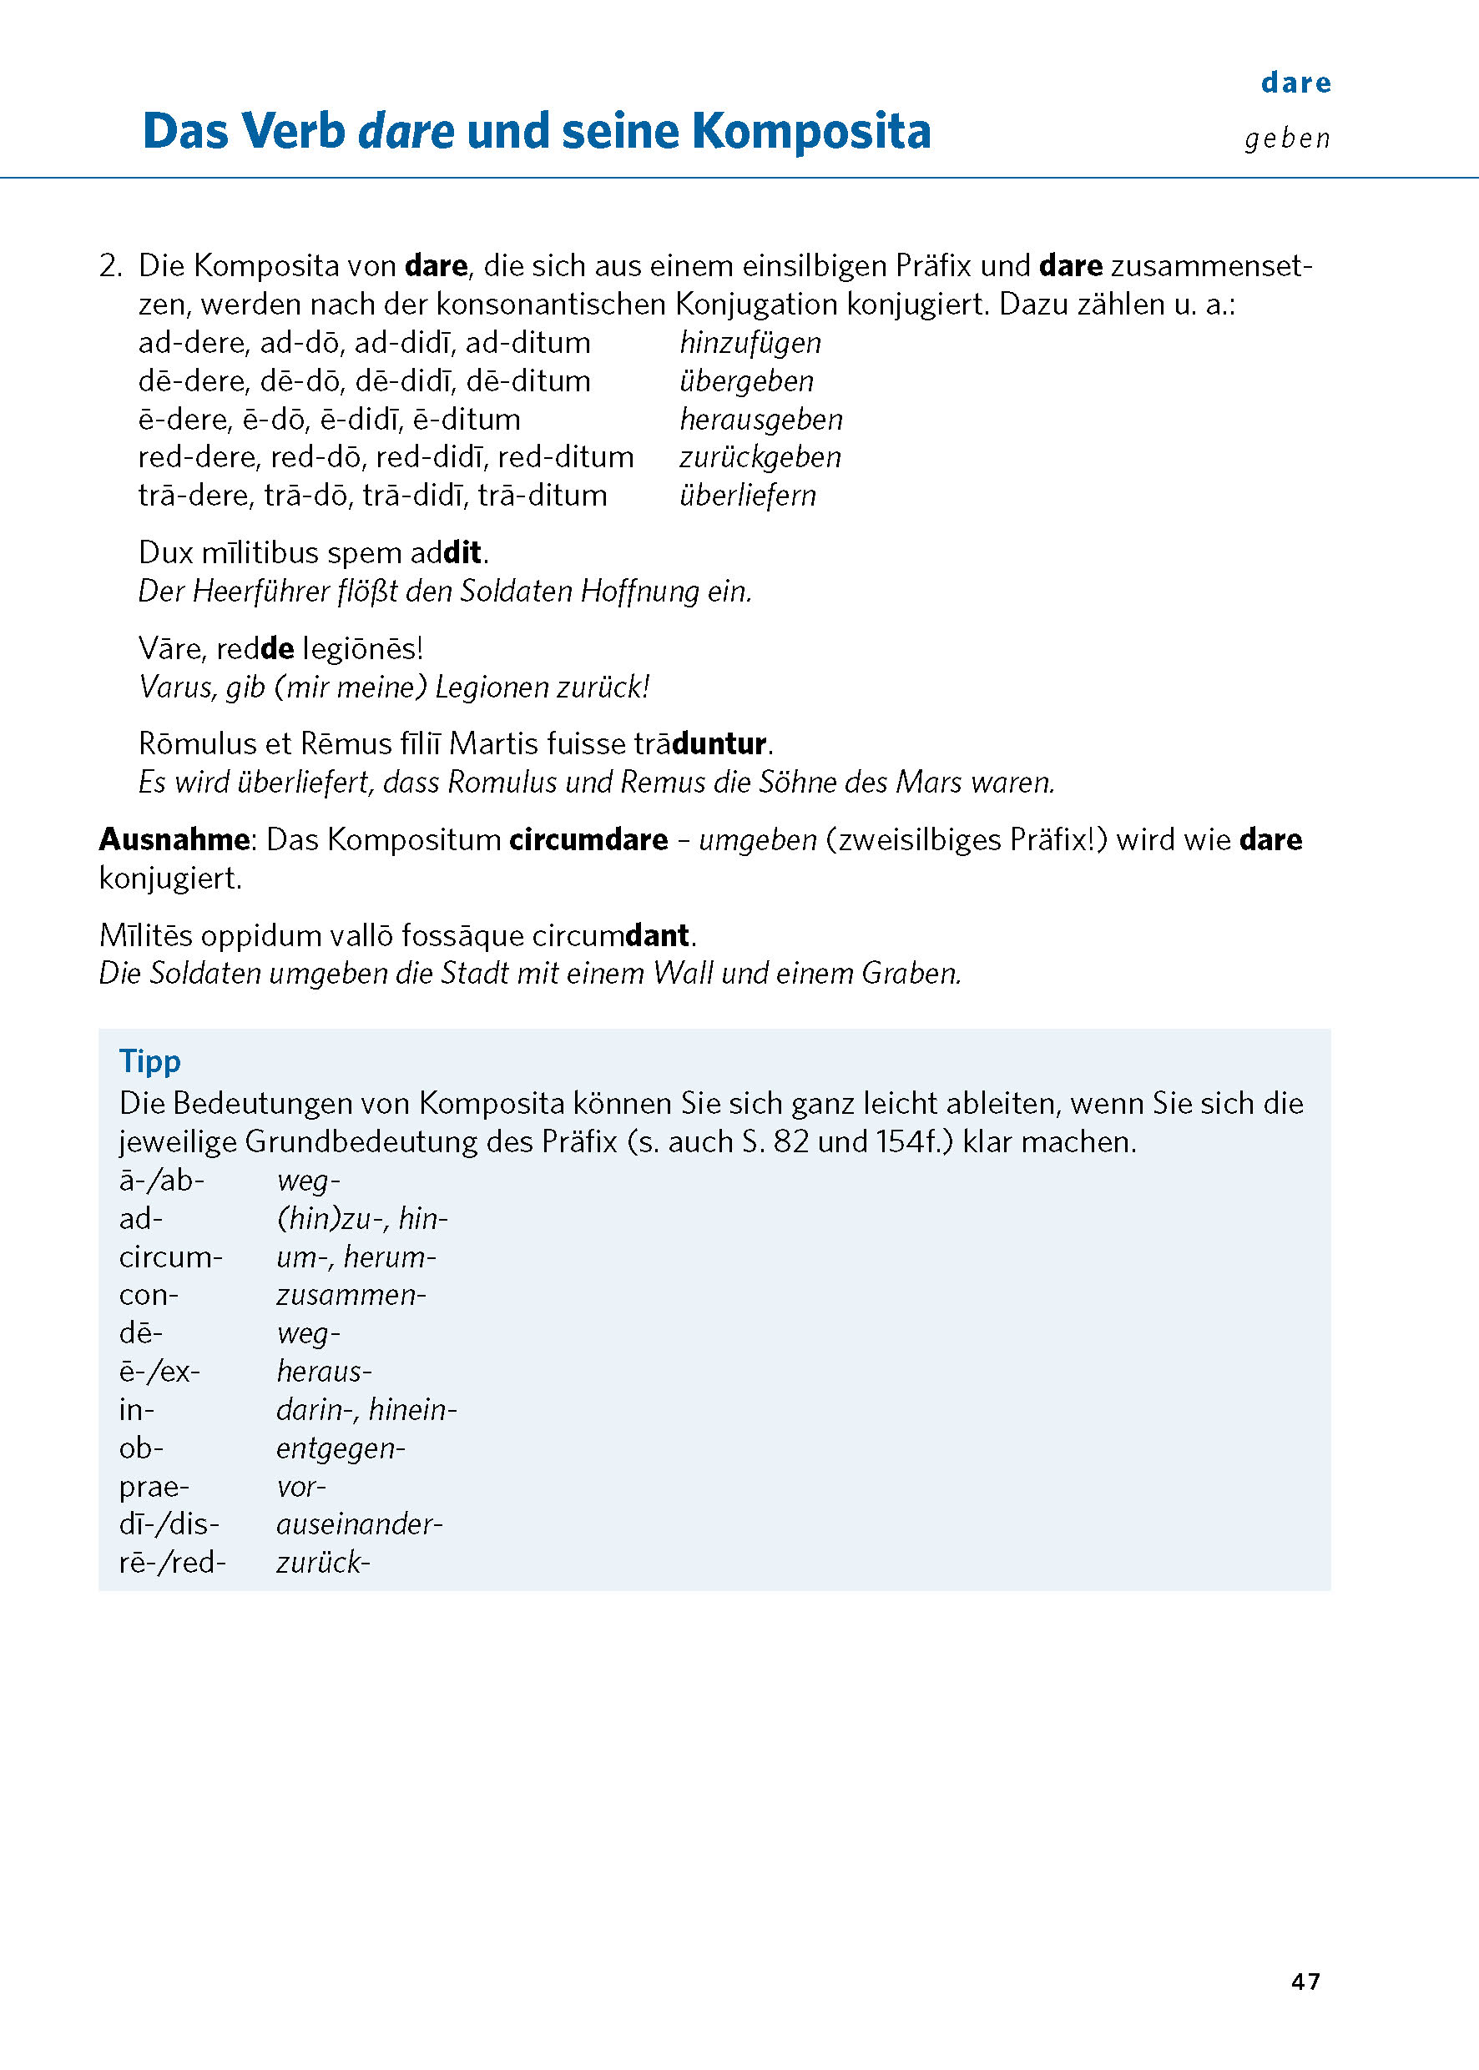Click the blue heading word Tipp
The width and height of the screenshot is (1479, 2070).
click(x=150, y=1061)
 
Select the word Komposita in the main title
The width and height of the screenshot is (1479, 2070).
click(x=811, y=132)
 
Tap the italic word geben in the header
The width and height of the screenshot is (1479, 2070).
click(x=1287, y=139)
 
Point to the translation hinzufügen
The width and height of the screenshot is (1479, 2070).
click(x=750, y=343)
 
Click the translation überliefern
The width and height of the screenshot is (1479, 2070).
click(x=748, y=496)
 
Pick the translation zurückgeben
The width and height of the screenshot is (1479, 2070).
click(x=760, y=458)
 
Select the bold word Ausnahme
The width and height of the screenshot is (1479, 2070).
click(x=173, y=839)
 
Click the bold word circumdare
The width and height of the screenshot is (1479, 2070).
click(x=588, y=839)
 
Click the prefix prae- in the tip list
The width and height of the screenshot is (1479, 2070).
click(x=154, y=1488)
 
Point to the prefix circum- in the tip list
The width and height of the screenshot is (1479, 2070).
click(x=170, y=1258)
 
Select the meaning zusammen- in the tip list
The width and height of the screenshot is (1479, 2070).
click(x=351, y=1297)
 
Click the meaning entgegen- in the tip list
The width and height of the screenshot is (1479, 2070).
click(x=341, y=1449)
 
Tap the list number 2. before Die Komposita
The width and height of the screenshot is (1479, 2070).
click(x=111, y=267)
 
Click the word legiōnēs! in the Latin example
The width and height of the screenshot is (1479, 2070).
click(x=362, y=649)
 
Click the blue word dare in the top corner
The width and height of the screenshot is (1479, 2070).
click(x=1296, y=83)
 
